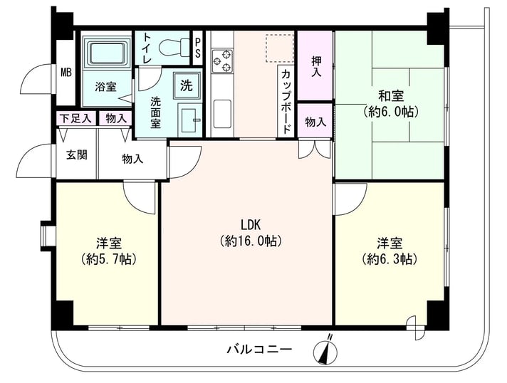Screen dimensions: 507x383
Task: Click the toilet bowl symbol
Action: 174,48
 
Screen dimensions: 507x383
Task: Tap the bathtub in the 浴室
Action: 107,52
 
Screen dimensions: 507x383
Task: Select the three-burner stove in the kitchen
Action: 222,61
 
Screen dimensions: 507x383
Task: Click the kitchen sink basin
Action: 222,113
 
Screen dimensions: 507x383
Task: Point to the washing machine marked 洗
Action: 187,85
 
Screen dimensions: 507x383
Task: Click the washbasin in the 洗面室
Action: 189,118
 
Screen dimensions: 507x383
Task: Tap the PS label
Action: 197,48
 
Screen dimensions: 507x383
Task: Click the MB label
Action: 66,73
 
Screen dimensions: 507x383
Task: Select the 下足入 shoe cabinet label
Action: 76,118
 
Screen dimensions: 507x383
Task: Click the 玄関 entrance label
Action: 77,154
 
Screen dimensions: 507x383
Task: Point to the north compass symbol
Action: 325,350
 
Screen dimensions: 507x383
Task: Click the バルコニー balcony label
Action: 259,350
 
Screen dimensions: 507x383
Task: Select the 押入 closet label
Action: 316,66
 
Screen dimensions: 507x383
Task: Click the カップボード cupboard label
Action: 286,101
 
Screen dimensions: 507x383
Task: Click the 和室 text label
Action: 391,96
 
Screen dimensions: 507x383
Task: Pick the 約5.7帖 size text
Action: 109,258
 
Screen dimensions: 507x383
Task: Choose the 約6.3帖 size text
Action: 390,258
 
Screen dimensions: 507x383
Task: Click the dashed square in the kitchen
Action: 280,48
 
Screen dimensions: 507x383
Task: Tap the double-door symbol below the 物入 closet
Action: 315,149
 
